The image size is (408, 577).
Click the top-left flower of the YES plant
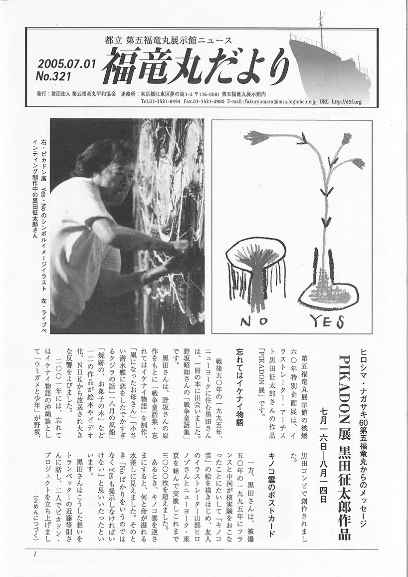[x=257, y=137]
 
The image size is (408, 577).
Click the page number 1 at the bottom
[x=35, y=554]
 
